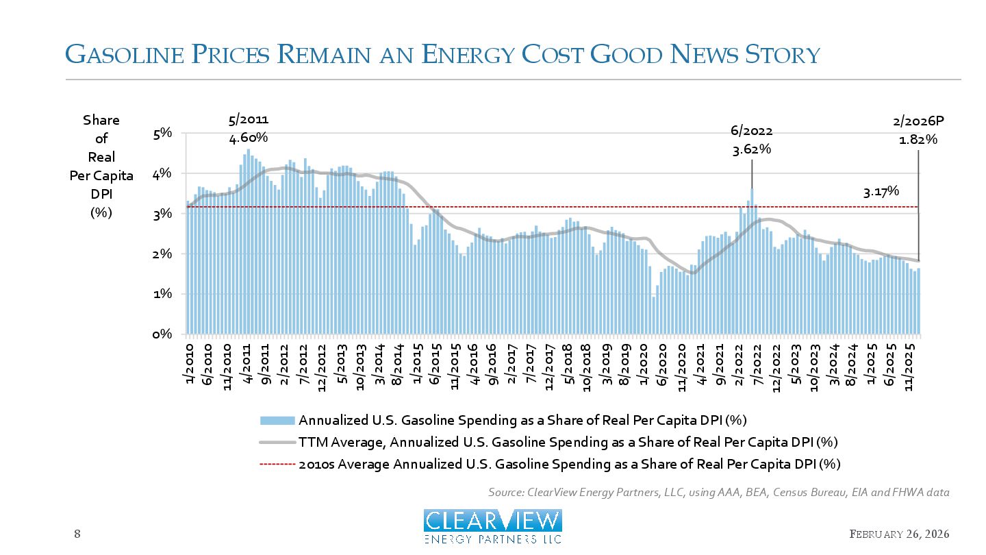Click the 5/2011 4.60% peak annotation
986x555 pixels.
[x=247, y=129]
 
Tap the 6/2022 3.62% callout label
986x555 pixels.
[x=752, y=140]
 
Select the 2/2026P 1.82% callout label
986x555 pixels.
[x=918, y=130]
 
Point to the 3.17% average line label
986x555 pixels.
[x=881, y=193]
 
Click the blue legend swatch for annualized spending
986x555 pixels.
[x=277, y=420]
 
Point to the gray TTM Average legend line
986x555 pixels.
[x=277, y=442]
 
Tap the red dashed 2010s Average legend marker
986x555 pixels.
[x=277, y=464]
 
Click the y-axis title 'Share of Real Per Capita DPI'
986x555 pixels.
[x=101, y=166]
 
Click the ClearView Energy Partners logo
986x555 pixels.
[x=493, y=526]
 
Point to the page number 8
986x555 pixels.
[x=77, y=534]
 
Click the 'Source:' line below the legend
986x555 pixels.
[x=719, y=492]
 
